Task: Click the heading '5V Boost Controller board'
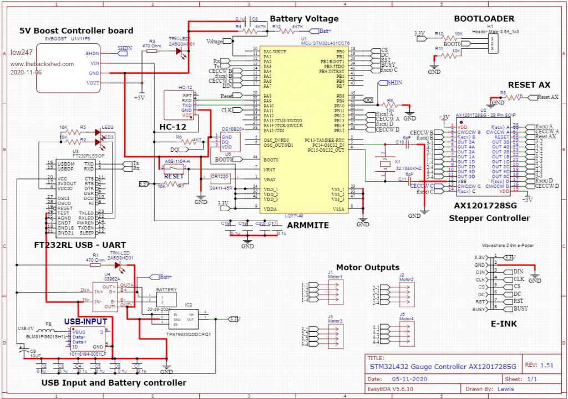click(77, 31)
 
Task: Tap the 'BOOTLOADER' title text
click(484, 18)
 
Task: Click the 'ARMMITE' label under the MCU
click(308, 226)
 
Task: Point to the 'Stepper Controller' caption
click(489, 218)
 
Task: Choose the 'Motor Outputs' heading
click(368, 267)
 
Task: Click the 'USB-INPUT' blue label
click(87, 321)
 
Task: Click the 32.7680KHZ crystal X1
click(382, 162)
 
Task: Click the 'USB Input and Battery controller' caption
click(114, 382)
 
